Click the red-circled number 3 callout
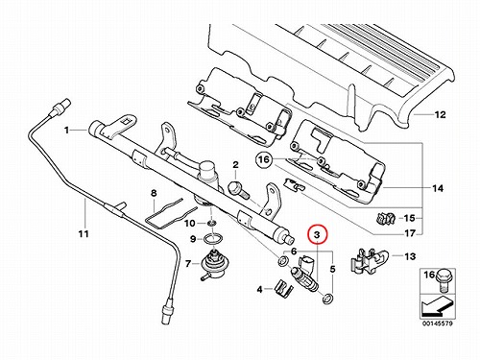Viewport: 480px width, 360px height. (317, 234)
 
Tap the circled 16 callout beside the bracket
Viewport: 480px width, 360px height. (264, 159)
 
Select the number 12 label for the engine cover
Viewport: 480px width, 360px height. (441, 114)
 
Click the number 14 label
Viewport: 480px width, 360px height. (438, 188)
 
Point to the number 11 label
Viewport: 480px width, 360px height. (84, 234)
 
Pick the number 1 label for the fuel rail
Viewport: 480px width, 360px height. (66, 131)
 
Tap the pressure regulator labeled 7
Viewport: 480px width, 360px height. (212, 264)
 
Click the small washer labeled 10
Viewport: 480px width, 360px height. (211, 223)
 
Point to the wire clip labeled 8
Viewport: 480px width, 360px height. (171, 212)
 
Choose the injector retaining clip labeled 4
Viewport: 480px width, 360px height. (284, 287)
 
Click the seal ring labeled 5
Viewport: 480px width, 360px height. (327, 299)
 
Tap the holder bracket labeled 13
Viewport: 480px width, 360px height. (369, 261)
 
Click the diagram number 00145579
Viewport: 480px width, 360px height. (438, 324)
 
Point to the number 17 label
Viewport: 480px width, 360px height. (410, 233)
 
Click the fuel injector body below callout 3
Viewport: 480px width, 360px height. (304, 273)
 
